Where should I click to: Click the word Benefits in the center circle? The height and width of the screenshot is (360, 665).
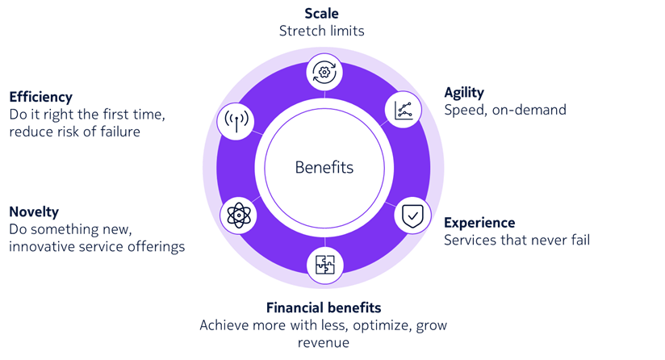click(x=324, y=168)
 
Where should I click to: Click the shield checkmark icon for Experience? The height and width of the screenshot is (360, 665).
click(x=411, y=216)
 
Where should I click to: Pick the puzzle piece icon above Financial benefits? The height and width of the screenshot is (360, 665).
click(x=324, y=263)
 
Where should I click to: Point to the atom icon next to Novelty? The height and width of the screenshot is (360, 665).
click(x=236, y=215)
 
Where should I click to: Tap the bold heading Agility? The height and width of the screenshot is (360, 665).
click(x=464, y=93)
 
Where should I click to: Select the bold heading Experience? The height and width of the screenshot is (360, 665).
click(x=479, y=222)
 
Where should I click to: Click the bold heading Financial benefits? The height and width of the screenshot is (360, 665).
click(x=324, y=308)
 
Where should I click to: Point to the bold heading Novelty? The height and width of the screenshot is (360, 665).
click(x=34, y=211)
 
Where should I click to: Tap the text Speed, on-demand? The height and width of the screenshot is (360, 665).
click(x=505, y=110)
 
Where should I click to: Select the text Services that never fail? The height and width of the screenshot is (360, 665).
click(x=517, y=240)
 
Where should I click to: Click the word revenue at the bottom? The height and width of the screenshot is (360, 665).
click(x=324, y=342)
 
